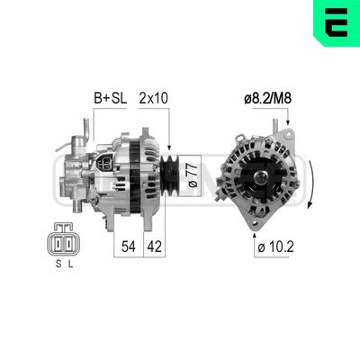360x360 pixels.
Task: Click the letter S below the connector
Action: point(57,263)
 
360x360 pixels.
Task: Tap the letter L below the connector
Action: point(73,263)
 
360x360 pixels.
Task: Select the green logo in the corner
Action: point(337,22)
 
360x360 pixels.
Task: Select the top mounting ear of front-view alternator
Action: point(286,135)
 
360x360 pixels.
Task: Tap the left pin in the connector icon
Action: point(58,241)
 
